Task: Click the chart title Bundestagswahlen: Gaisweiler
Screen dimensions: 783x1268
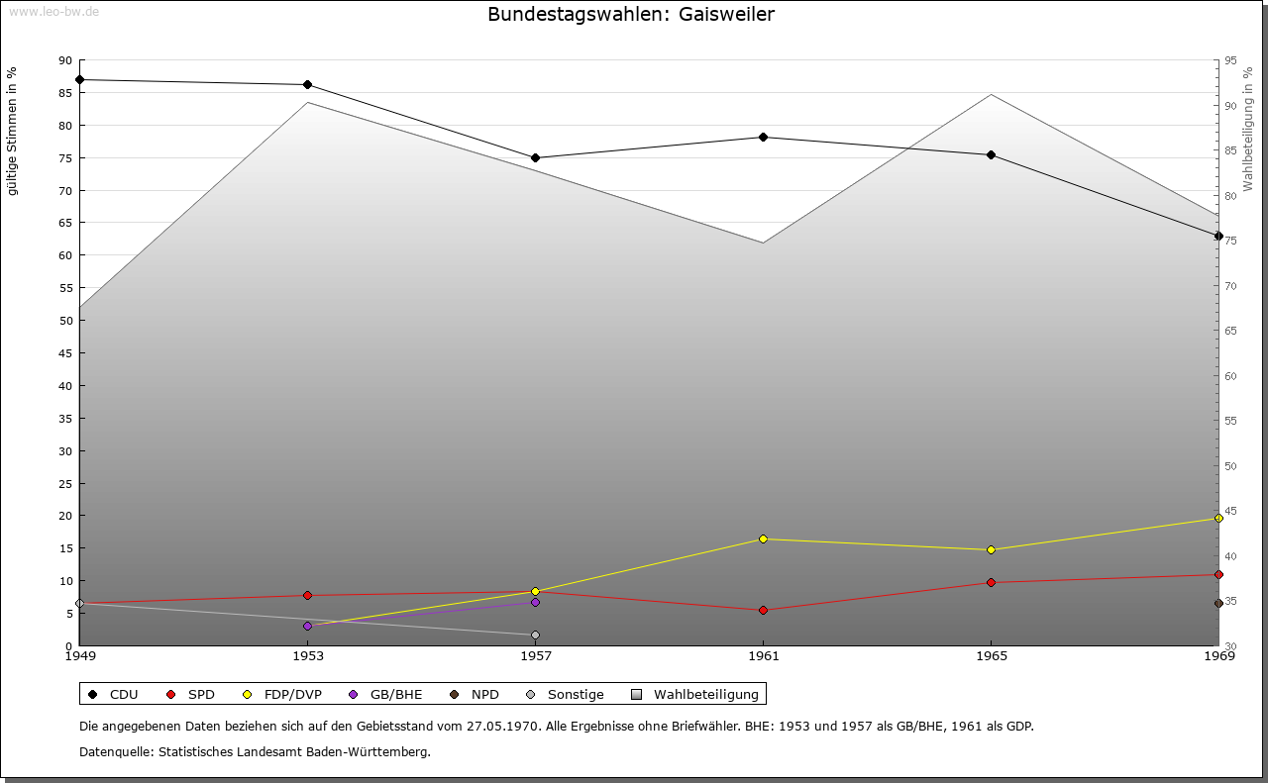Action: pyautogui.click(x=631, y=14)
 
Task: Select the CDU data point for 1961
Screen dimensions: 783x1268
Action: pyautogui.click(x=763, y=137)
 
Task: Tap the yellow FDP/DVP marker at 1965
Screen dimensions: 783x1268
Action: pyautogui.click(x=991, y=549)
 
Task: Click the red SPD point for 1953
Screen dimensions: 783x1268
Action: pyautogui.click(x=307, y=595)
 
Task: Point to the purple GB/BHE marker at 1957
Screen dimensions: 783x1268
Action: pyautogui.click(x=535, y=602)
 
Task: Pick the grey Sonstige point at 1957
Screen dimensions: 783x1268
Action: pyautogui.click(x=535, y=635)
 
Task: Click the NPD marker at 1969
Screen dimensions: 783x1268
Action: pyautogui.click(x=1218, y=603)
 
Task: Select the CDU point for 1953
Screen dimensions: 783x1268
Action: pyautogui.click(x=307, y=84)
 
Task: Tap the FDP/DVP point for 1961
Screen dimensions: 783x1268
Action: pyautogui.click(x=763, y=538)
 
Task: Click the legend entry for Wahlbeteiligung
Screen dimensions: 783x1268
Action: pyautogui.click(x=705, y=694)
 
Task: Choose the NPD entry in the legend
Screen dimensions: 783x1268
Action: pyautogui.click(x=484, y=694)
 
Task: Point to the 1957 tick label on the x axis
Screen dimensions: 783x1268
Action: pyautogui.click(x=535, y=655)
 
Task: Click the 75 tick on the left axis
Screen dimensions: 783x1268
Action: pyautogui.click(x=65, y=157)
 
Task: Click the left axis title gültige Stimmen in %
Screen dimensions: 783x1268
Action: pyautogui.click(x=13, y=131)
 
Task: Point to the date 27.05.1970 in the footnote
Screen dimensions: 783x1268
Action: pyautogui.click(x=502, y=726)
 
